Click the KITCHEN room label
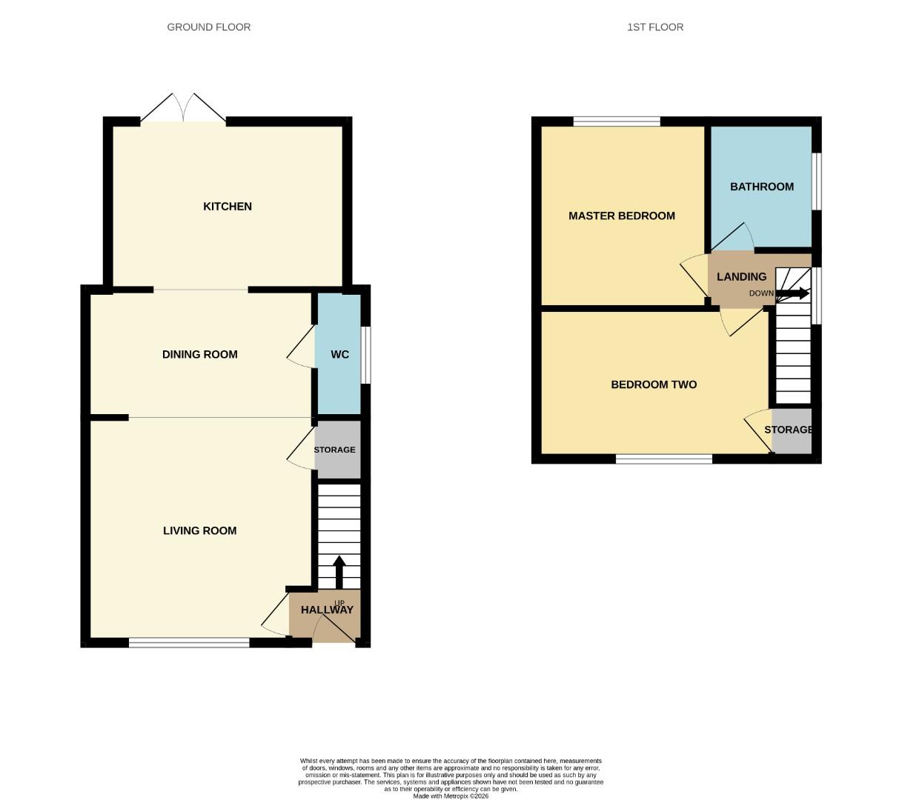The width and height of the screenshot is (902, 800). [228, 207]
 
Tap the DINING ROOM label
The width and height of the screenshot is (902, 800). [200, 355]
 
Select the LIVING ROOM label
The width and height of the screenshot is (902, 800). [200, 531]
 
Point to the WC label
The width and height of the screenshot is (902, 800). [339, 355]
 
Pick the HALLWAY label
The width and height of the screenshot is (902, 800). [327, 610]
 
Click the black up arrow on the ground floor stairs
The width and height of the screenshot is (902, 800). [339, 571]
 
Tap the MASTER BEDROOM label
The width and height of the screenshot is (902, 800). [621, 216]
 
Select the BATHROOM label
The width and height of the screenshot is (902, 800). [762, 187]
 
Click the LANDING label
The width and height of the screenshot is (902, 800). [741, 277]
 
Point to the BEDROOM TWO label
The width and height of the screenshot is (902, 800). [654, 385]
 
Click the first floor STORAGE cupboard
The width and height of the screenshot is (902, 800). [791, 431]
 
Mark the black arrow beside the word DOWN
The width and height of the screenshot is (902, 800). [792, 293]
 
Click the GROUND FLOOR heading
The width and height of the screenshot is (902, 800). [209, 27]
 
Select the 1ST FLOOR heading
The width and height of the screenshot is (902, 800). [655, 27]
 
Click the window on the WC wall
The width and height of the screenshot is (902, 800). [366, 355]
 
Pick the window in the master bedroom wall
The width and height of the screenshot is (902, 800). [617, 121]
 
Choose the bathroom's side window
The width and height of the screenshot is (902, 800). [816, 181]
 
